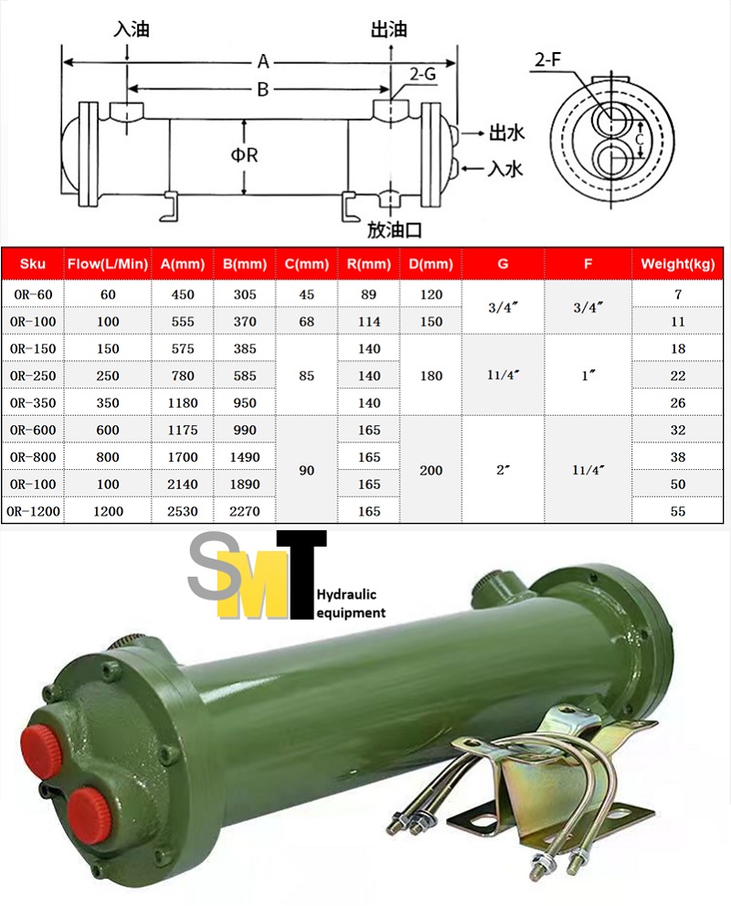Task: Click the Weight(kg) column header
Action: (x=677, y=264)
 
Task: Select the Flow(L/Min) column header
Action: (x=108, y=264)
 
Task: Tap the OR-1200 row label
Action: (x=33, y=512)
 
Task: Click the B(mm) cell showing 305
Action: (x=244, y=294)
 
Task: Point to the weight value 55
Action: (x=677, y=512)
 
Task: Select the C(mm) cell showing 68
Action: (x=306, y=322)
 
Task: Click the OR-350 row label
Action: (x=33, y=402)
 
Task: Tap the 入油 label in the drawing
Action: (x=131, y=29)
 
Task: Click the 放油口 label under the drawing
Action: (x=394, y=229)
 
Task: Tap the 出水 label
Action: (x=506, y=133)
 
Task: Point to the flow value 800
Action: (x=108, y=457)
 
